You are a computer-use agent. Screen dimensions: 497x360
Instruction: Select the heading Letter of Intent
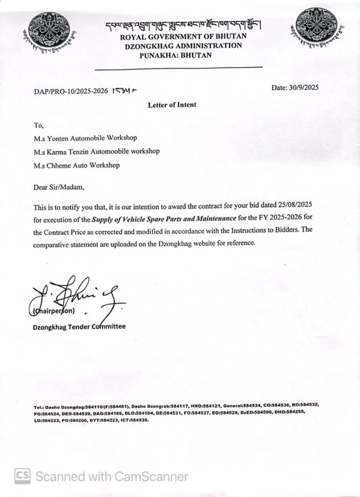pos(172,105)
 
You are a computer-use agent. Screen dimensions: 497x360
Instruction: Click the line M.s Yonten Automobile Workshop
pos(85,138)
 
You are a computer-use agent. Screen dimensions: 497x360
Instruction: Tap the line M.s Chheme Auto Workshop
pos(77,166)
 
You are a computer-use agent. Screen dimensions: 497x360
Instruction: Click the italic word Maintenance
pos(215,219)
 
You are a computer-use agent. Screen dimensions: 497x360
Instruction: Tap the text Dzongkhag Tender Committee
pos(79,327)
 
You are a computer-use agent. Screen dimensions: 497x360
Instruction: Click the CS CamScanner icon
pos(22,476)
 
